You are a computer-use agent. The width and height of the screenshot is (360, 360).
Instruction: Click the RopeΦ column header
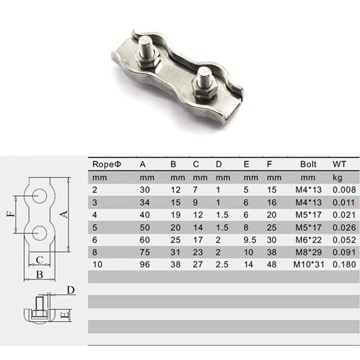[x=107, y=164]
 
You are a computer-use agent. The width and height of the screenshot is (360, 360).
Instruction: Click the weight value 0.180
[x=344, y=265]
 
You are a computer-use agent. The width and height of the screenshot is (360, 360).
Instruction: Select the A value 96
[x=145, y=265]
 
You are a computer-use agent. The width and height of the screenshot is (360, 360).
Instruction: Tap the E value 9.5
[x=250, y=240]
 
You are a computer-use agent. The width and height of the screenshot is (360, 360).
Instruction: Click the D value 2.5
[x=221, y=265]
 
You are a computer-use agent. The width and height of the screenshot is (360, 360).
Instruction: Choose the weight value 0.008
[x=344, y=189]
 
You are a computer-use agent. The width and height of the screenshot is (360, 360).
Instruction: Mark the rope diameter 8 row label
[x=94, y=252]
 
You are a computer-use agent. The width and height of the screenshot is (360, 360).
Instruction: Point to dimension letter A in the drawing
[x=64, y=214]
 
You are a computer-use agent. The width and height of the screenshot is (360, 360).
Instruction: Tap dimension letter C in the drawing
[x=40, y=259]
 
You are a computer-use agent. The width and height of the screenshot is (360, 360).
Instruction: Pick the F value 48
[x=271, y=265]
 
